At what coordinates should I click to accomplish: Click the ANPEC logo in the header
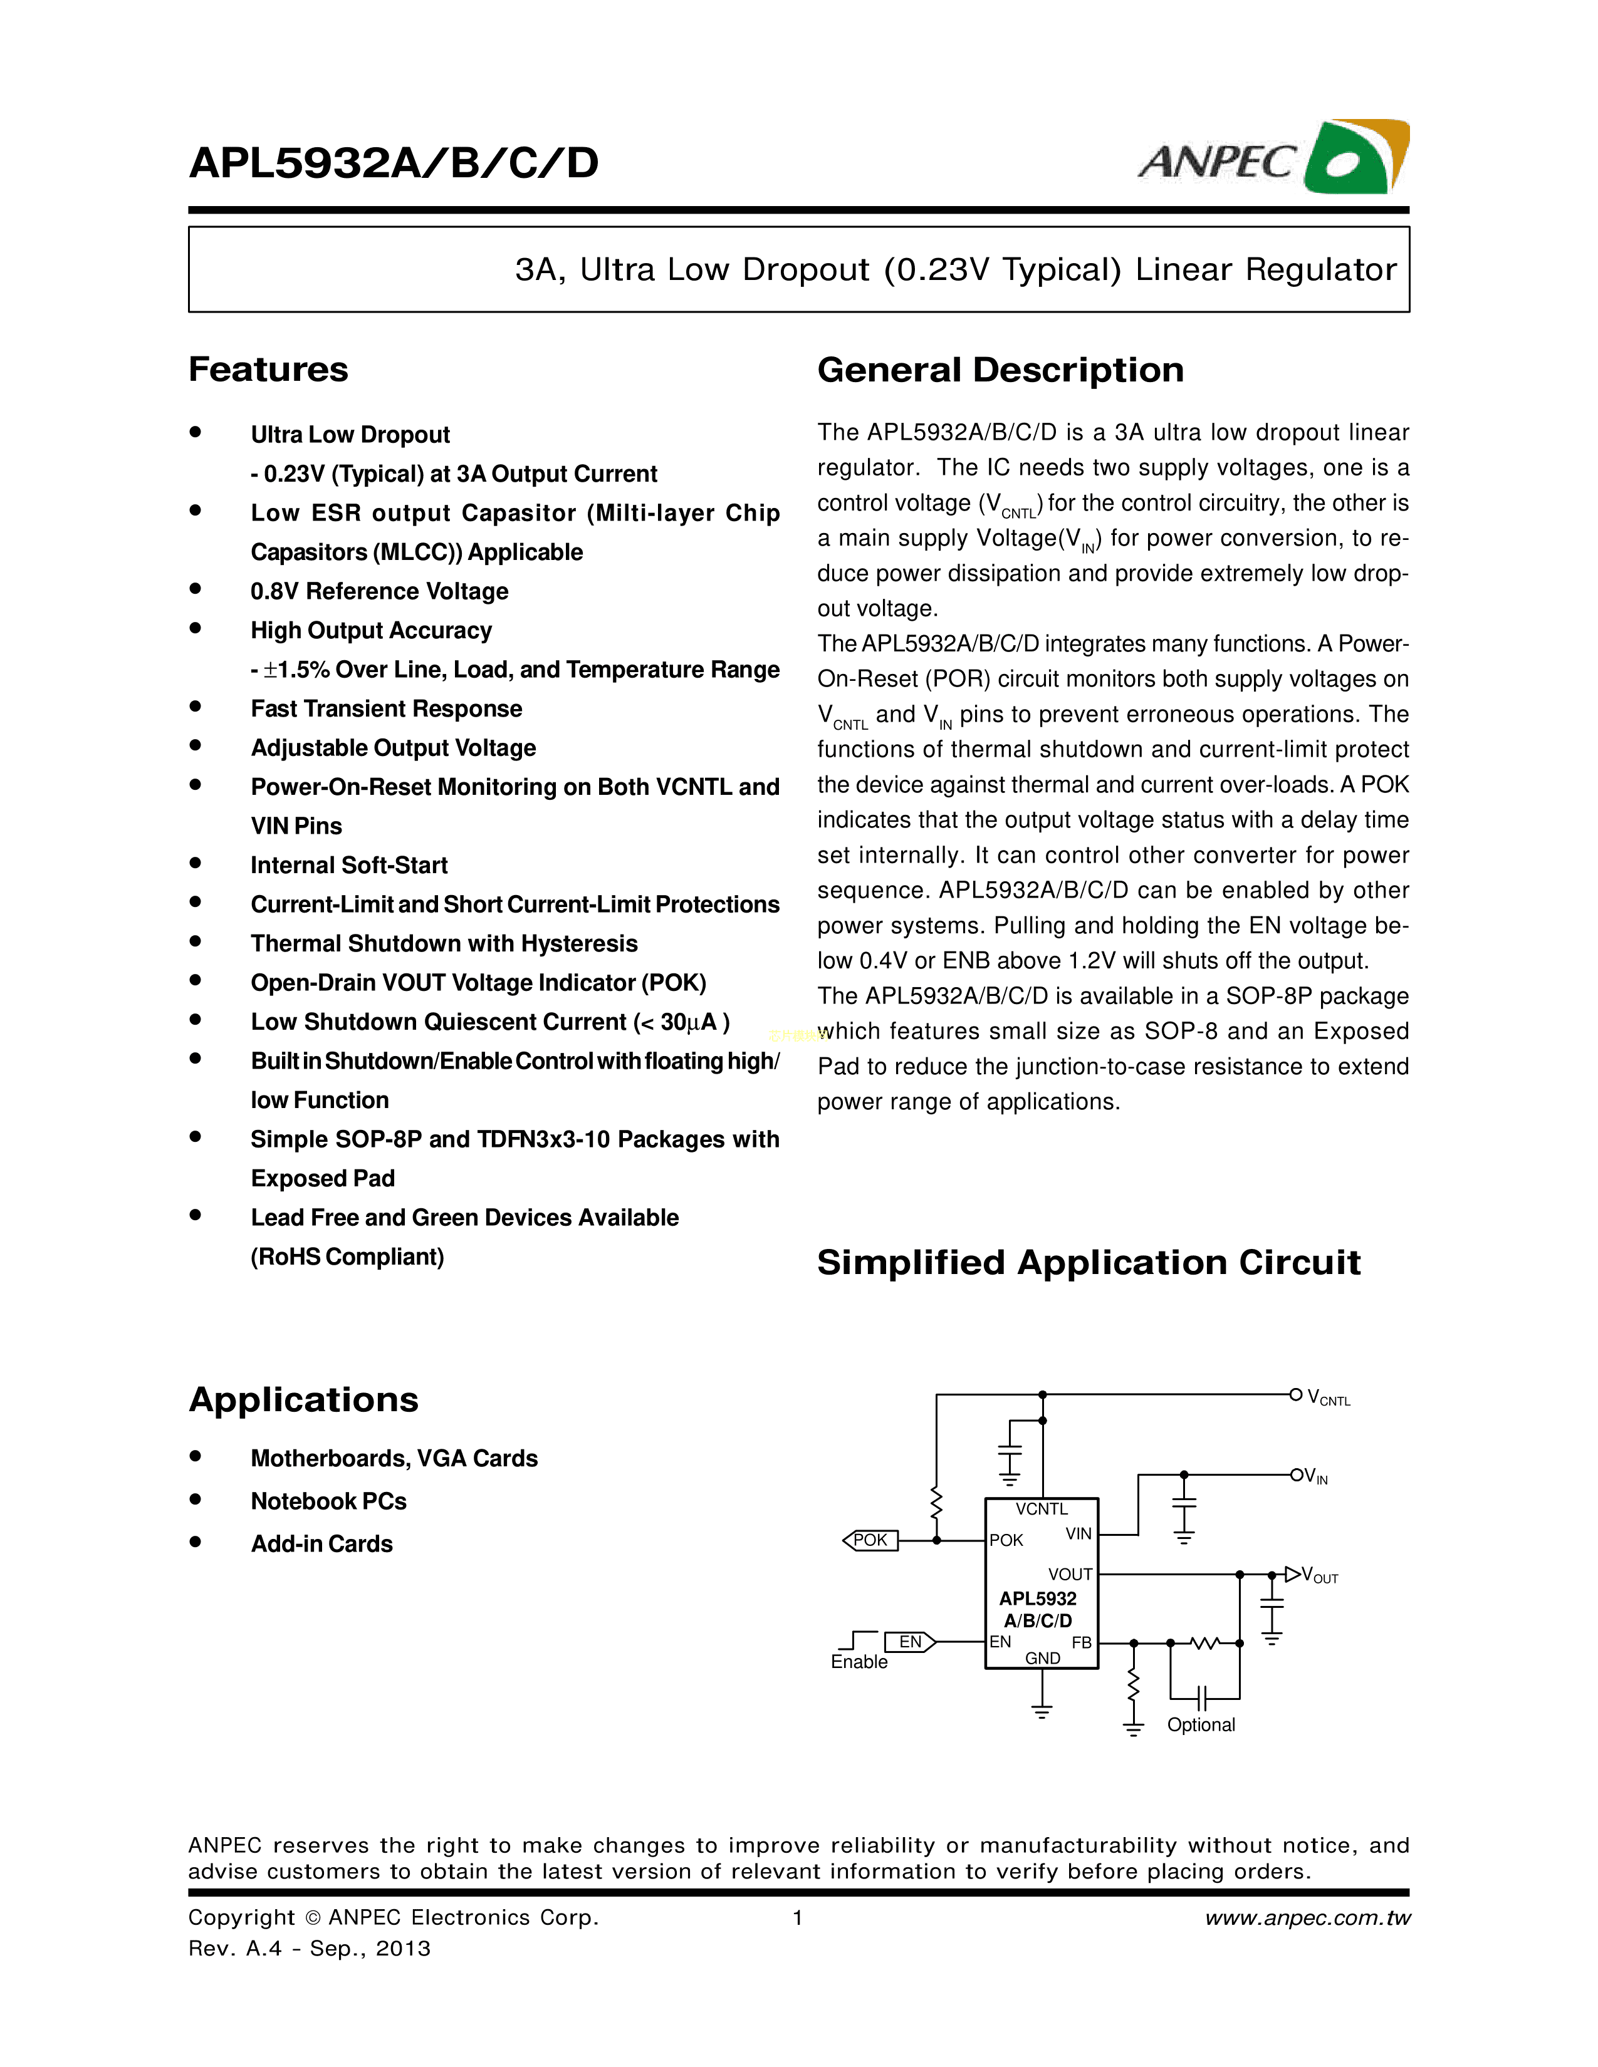[x=1273, y=158]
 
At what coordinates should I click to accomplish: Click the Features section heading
[x=268, y=369]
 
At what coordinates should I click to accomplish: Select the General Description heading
[x=1000, y=370]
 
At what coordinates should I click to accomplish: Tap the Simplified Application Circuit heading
[x=1088, y=1263]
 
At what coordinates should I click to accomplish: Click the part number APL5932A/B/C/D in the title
[x=394, y=163]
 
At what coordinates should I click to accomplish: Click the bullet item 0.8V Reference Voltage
[x=379, y=591]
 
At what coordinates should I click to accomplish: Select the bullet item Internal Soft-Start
[x=348, y=865]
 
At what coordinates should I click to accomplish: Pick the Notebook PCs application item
[x=328, y=1501]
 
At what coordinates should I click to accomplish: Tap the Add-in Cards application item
[x=321, y=1543]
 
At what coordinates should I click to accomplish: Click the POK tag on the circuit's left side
[x=870, y=1540]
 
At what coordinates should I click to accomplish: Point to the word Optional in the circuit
[x=1201, y=1724]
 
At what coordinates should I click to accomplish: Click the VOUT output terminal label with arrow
[x=1311, y=1575]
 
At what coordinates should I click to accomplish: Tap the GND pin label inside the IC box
[x=1042, y=1658]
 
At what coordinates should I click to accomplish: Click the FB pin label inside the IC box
[x=1081, y=1642]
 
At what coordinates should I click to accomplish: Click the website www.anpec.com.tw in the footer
[x=1307, y=1917]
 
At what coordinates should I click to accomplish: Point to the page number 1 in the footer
[x=798, y=1917]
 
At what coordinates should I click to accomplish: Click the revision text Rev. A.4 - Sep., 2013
[x=308, y=1949]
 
